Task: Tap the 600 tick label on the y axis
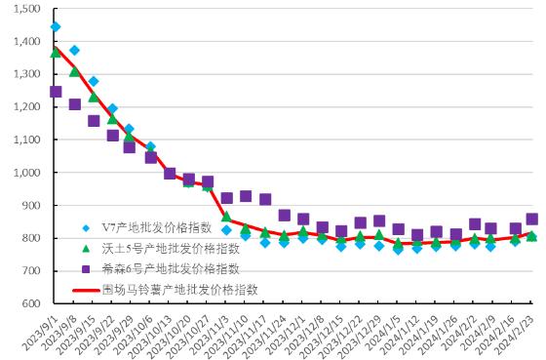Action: click(x=29, y=303)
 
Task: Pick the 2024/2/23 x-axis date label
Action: click(x=516, y=331)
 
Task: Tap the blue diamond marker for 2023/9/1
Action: click(x=56, y=27)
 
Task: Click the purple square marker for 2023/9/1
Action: click(x=56, y=92)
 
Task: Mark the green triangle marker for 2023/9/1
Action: click(x=56, y=53)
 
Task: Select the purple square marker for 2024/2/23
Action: click(x=531, y=220)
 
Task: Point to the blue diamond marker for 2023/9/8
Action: click(x=74, y=50)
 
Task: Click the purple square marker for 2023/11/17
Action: click(x=265, y=199)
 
